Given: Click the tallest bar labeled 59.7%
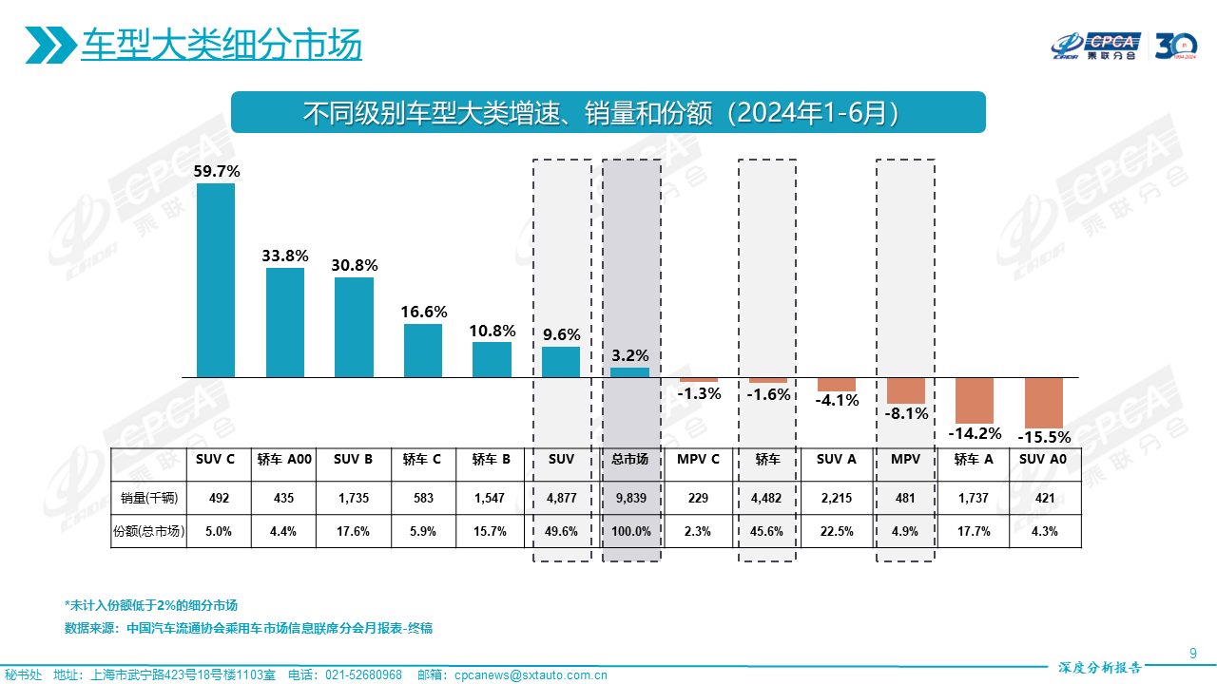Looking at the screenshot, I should coord(215,280).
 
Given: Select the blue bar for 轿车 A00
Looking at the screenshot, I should coord(284,323).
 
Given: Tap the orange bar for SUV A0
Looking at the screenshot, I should coord(1043,403).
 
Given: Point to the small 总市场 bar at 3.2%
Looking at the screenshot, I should coord(629,372).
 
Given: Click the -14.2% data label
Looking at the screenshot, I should coord(975,434).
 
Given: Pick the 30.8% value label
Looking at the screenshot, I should coord(355,266).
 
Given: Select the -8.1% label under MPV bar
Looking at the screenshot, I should coord(906,414).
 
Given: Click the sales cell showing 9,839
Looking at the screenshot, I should coord(629,497).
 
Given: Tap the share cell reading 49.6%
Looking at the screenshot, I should coord(561,532).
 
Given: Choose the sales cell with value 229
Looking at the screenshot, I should coord(698,497).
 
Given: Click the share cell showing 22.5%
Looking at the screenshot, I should coord(836,532).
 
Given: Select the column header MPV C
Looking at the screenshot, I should coord(698,460).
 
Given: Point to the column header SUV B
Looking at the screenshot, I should coord(353,460).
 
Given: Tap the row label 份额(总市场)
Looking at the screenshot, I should coord(149,532).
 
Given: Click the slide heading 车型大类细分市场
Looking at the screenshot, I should coord(221,45).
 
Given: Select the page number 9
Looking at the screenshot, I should coord(1192,652).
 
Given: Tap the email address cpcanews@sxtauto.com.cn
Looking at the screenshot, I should coord(531,675).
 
